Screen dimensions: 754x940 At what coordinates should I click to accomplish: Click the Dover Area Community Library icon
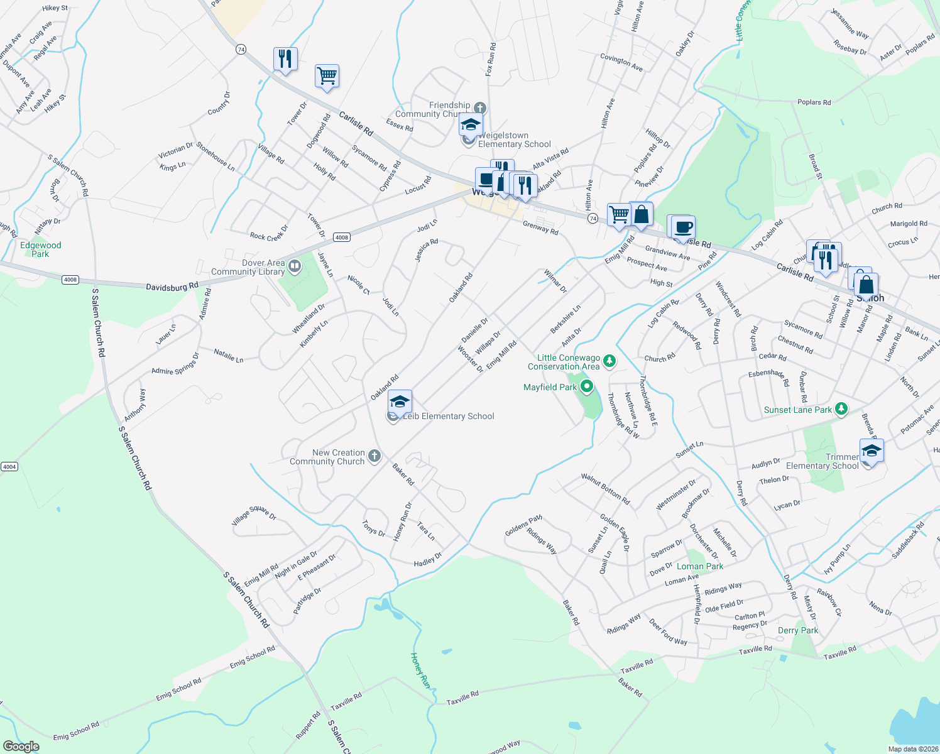(294, 268)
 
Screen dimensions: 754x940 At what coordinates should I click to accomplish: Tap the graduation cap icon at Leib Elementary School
(400, 402)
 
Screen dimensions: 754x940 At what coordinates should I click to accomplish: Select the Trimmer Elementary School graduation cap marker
(872, 451)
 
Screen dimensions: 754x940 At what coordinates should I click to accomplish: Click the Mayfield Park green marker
(587, 386)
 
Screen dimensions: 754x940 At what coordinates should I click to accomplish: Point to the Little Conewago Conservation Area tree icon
(609, 361)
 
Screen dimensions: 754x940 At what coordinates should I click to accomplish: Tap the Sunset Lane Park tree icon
(841, 410)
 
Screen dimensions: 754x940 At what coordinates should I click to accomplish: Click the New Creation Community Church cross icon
(374, 456)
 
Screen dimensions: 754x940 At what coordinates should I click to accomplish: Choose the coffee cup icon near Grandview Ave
(683, 227)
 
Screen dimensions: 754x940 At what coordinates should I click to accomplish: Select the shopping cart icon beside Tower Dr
(327, 76)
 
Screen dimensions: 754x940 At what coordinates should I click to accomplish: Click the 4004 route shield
(9, 466)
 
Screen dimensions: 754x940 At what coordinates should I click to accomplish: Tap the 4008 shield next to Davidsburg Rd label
(70, 280)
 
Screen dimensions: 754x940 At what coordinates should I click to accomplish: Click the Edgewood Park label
(40, 249)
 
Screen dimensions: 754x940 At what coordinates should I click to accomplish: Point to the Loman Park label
(699, 566)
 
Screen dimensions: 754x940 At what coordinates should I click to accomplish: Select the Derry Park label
(797, 630)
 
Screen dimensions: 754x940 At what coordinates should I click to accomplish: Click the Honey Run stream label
(420, 670)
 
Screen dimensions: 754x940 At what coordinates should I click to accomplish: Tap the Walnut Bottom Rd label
(605, 489)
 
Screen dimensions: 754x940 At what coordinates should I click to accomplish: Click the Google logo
(21, 746)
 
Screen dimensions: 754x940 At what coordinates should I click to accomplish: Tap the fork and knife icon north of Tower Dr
(285, 59)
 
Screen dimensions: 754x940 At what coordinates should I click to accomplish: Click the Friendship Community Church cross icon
(480, 108)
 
